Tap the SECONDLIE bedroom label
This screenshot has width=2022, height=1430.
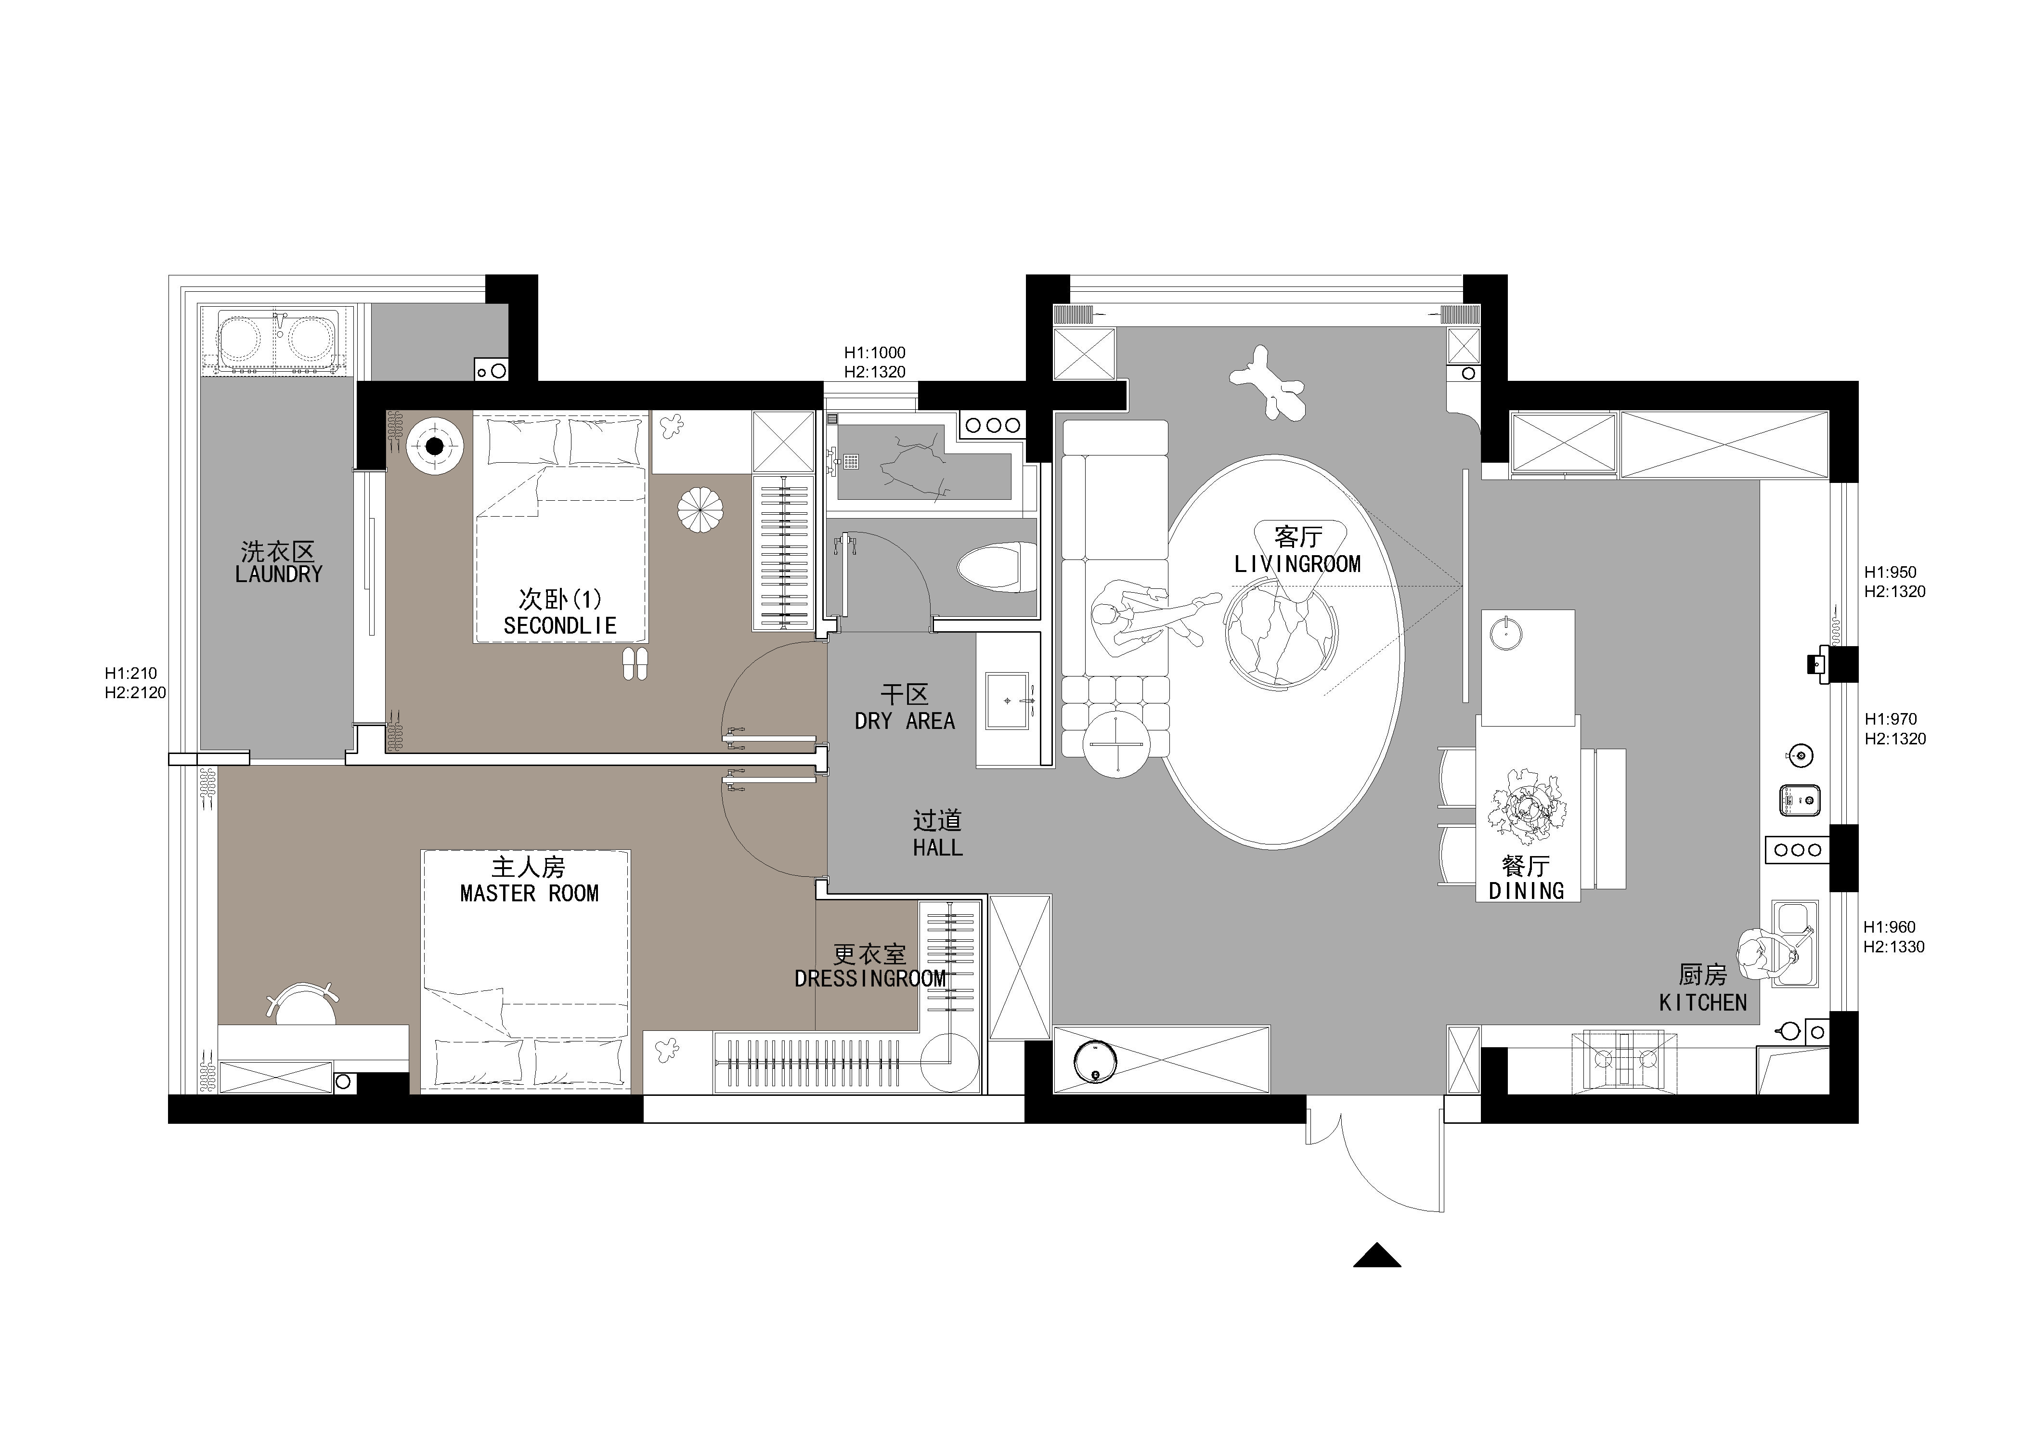560,626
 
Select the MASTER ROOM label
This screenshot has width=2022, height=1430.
529,894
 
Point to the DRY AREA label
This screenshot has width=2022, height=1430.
905,721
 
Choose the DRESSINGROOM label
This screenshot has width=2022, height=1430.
870,978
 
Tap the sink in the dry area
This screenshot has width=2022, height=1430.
1009,701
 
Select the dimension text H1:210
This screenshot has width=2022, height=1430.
131,674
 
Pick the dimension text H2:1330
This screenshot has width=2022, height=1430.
1893,948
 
